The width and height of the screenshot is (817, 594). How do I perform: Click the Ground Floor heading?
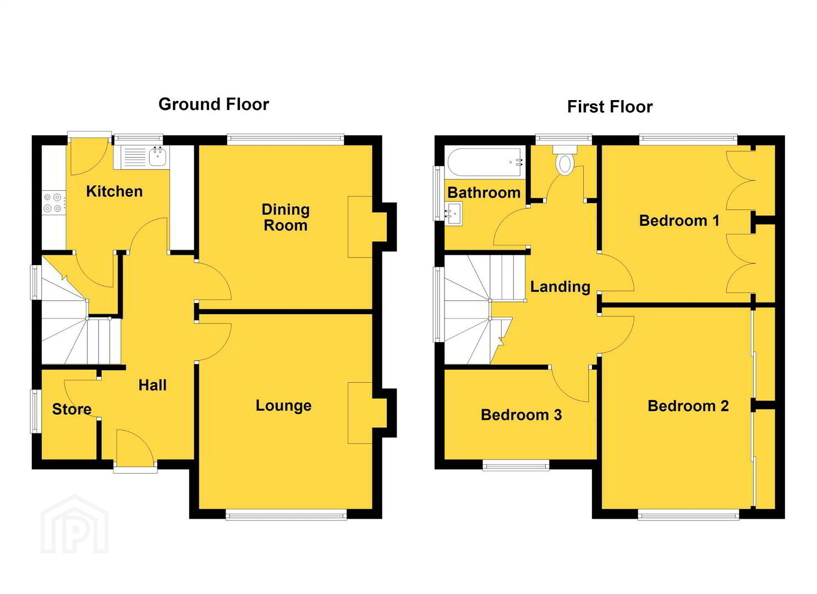[213, 105]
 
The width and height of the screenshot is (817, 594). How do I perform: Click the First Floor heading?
[610, 107]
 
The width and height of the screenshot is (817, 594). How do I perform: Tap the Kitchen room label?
[114, 191]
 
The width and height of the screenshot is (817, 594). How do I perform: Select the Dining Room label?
[286, 217]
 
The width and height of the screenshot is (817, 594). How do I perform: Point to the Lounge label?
[283, 406]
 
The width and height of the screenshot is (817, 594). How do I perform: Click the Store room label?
[72, 409]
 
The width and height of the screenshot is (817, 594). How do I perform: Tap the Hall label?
[152, 385]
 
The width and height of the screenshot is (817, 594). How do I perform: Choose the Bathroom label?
[484, 193]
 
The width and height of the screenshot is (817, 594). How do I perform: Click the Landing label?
[560, 287]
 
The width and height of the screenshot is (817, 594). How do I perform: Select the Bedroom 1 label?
[679, 221]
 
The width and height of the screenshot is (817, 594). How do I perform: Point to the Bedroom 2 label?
[688, 406]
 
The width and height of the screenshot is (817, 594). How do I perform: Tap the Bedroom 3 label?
[521, 415]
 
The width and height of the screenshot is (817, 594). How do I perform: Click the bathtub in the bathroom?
[485, 163]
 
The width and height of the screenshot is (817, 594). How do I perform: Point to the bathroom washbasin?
[453, 214]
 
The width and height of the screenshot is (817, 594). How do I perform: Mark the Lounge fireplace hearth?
[360, 413]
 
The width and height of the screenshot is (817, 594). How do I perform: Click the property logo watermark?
[74, 524]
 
